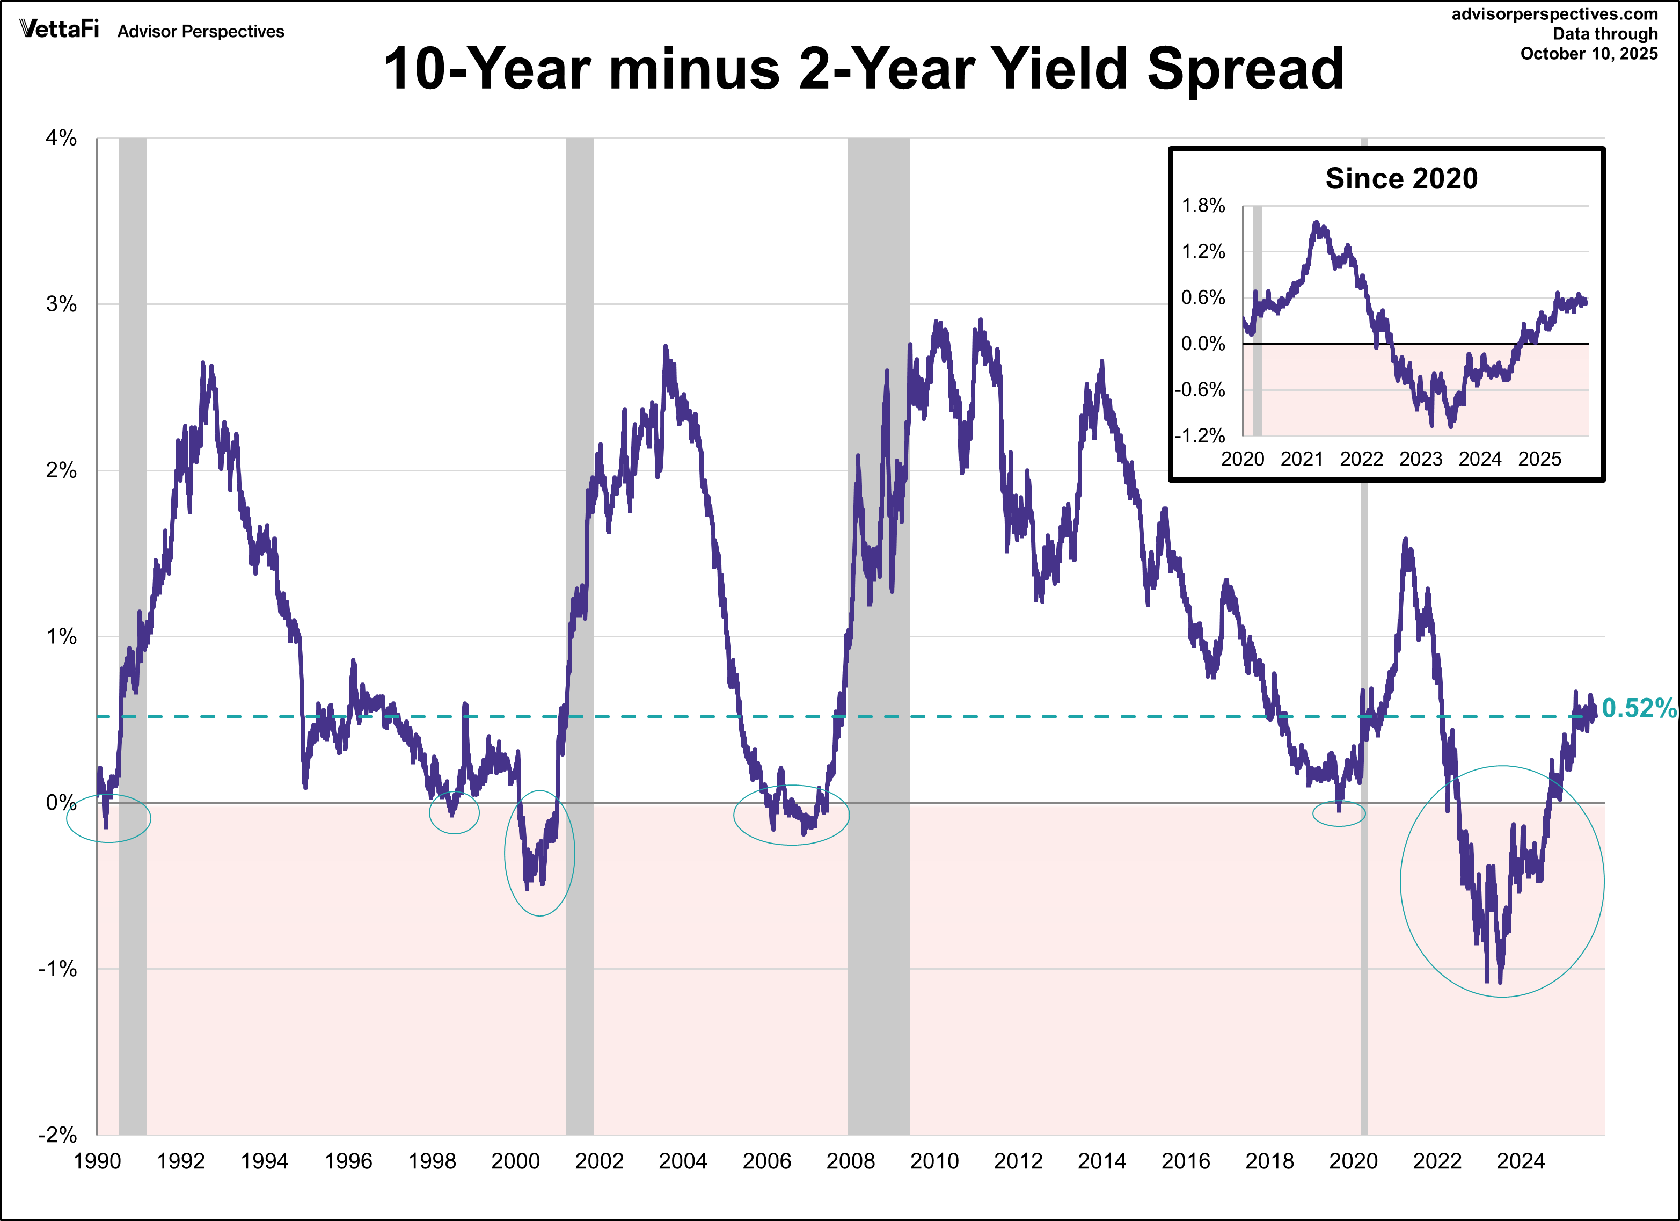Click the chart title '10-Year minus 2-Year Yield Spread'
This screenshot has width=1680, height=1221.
(x=863, y=69)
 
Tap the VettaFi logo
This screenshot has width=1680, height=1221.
(x=59, y=29)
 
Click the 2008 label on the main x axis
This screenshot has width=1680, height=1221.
(x=850, y=1161)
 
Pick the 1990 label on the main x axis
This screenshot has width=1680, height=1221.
(x=97, y=1161)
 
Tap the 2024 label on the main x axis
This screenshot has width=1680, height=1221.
(x=1521, y=1161)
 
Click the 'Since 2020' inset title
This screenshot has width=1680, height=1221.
(x=1401, y=179)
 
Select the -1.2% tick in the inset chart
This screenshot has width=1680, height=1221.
(x=1200, y=435)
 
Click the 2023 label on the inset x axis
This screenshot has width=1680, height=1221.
(x=1421, y=460)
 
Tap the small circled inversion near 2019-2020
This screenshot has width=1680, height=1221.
(x=1339, y=813)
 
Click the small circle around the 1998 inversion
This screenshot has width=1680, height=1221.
(x=454, y=812)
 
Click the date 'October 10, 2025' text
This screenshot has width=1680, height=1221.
(x=1589, y=53)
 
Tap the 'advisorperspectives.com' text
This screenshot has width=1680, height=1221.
(x=1554, y=14)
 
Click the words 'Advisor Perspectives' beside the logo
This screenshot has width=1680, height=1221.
(x=201, y=31)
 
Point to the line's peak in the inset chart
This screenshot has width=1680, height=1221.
(x=1316, y=222)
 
